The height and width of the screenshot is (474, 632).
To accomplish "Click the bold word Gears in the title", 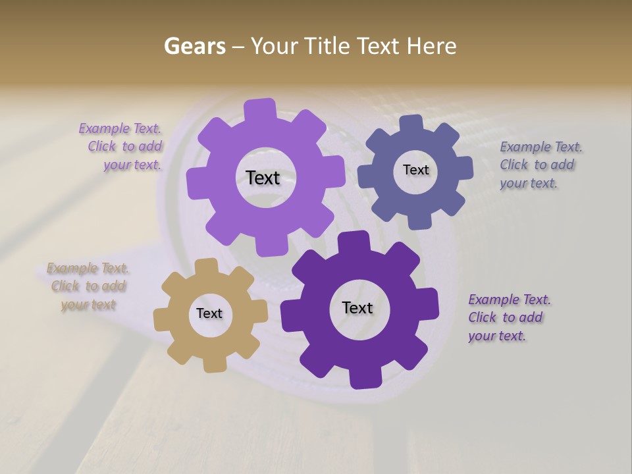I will pyautogui.click(x=194, y=46).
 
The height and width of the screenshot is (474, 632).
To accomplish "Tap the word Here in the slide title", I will pyautogui.click(x=431, y=46).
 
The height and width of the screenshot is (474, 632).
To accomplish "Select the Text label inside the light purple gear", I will pyautogui.click(x=263, y=178).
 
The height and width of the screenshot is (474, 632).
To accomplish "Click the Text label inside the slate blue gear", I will pyautogui.click(x=415, y=170).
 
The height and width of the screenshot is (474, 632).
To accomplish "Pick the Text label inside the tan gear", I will pyautogui.click(x=209, y=313).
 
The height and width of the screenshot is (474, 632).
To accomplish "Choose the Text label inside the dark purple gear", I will pyautogui.click(x=357, y=307).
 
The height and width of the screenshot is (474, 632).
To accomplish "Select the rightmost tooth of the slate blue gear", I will pyautogui.click(x=465, y=169).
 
